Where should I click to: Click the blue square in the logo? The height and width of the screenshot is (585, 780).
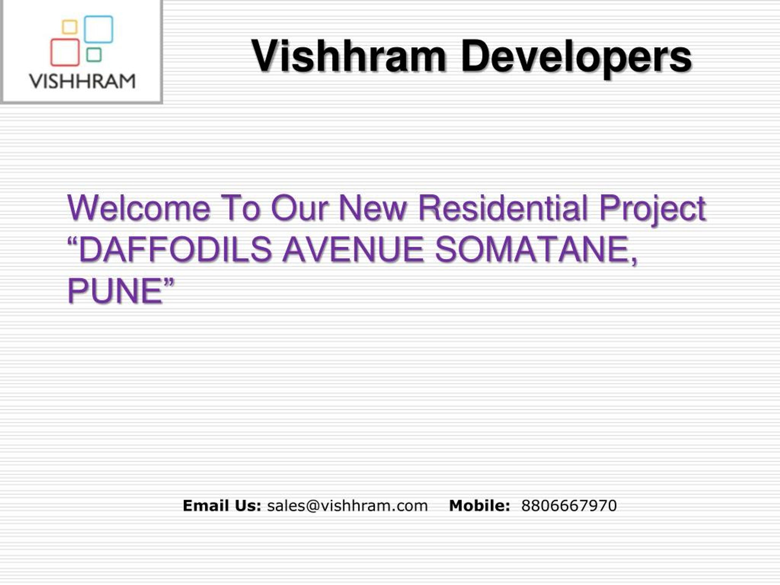pyautogui.click(x=98, y=29)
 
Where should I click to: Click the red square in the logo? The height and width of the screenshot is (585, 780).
pyautogui.click(x=65, y=52)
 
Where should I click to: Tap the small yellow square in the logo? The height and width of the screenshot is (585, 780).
pyautogui.click(x=69, y=27)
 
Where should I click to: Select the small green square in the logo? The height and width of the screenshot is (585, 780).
pyautogui.click(x=94, y=55)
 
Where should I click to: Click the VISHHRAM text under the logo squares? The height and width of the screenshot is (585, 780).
pyautogui.click(x=82, y=81)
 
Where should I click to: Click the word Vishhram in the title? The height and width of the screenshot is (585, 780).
pyautogui.click(x=348, y=56)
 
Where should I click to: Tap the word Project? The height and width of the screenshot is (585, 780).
pyautogui.click(x=652, y=209)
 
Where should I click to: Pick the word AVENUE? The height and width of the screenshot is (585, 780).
pyautogui.click(x=353, y=249)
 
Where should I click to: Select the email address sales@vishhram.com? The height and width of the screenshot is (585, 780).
pyautogui.click(x=347, y=506)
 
